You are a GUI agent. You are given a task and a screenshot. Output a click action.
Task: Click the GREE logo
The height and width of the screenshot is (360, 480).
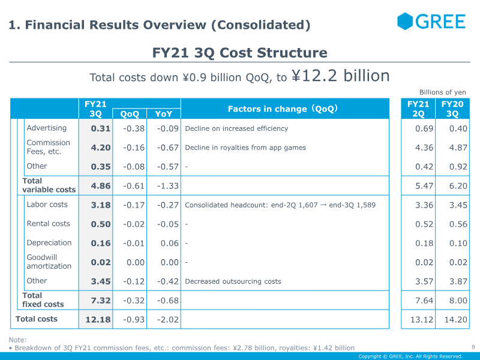431,22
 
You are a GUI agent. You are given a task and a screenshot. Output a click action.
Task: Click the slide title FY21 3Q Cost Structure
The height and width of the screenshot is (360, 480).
240,53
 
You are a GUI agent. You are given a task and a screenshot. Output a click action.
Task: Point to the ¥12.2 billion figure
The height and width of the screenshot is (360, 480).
340,76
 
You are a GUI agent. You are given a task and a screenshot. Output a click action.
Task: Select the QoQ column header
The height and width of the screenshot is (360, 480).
130,113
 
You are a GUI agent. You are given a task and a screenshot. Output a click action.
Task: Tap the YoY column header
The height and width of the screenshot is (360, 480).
163,113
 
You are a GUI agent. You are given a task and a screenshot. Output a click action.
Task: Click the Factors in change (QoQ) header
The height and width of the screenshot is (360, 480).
283,109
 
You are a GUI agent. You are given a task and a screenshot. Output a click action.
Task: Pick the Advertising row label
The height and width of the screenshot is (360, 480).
47,128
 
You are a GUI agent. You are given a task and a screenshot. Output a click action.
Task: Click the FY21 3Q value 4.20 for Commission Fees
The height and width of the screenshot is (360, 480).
101,148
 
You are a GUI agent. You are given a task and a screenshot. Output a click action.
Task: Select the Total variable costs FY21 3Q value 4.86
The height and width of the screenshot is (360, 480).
101,186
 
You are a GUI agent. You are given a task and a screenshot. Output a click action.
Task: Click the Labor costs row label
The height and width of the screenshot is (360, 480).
47,205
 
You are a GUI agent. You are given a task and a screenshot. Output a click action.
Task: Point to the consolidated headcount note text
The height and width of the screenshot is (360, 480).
280,205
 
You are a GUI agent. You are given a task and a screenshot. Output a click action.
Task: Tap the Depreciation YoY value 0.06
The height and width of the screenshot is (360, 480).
169,243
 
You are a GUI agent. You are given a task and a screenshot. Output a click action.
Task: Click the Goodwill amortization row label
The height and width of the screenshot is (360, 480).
49,262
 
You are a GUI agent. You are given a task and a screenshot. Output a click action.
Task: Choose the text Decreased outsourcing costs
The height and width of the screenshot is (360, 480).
233,281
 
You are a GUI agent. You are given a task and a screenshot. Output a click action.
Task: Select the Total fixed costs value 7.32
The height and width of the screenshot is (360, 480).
101,300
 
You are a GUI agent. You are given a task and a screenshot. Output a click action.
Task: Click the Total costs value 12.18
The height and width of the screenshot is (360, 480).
98,320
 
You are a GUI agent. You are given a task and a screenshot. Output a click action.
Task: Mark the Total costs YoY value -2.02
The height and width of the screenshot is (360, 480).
167,320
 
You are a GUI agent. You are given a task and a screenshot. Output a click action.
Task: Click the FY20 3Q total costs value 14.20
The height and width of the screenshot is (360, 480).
454,320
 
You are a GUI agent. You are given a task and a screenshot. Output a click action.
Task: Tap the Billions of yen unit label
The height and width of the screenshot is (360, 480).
442,92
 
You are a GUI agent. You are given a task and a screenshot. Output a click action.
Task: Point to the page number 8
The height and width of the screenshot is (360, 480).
473,347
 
